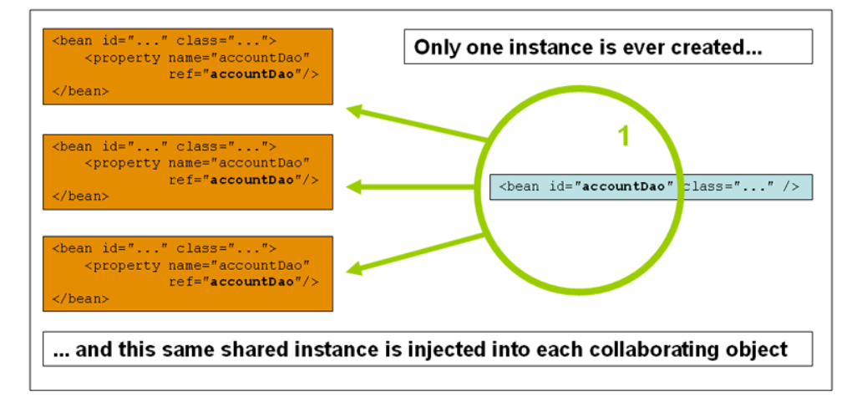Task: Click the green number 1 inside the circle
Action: [x=623, y=136]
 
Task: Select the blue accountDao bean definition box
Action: [x=650, y=186]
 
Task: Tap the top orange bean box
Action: [x=188, y=66]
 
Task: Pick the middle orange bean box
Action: [x=188, y=171]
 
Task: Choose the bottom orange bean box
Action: [x=188, y=273]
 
